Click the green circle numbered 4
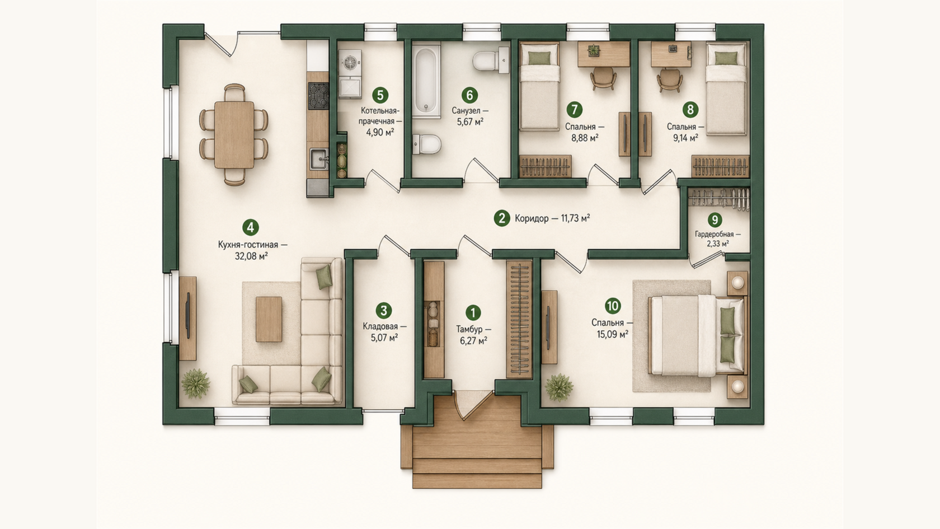tap(251, 227)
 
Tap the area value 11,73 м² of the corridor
tap(575, 218)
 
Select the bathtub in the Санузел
tap(426, 81)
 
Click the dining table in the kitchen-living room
tap(234, 134)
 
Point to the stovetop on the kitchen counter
tap(318, 95)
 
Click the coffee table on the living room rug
tap(269, 319)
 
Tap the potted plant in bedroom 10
tap(559, 387)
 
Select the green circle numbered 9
tap(715, 219)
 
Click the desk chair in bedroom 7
tap(603, 78)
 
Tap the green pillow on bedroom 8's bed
tap(726, 58)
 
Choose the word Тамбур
tap(469, 329)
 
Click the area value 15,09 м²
tap(612, 334)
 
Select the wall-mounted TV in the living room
tap(187, 315)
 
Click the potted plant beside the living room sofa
tap(196, 383)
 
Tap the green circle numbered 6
tap(469, 95)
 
